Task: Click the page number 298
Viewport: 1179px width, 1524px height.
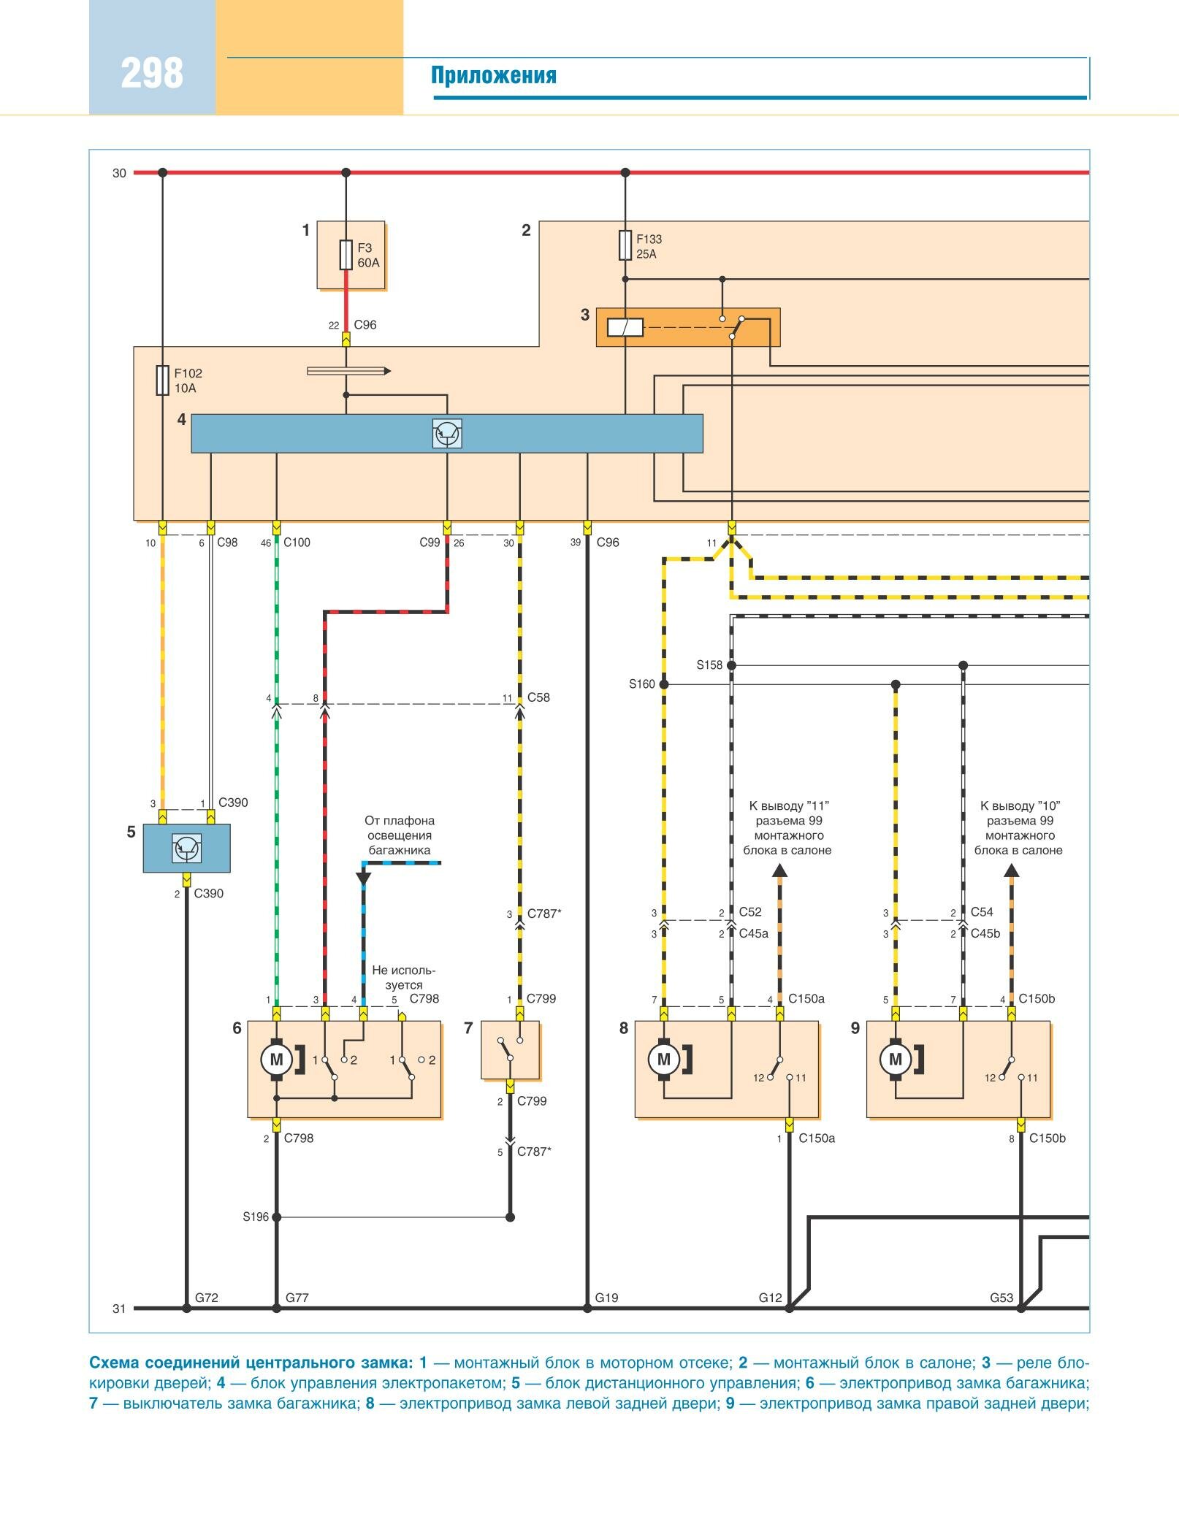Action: pyautogui.click(x=152, y=74)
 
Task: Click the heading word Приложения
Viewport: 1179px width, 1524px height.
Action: pyautogui.click(x=493, y=76)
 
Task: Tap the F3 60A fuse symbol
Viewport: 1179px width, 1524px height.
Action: pyautogui.click(x=346, y=255)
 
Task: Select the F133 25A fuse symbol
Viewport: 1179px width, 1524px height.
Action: pyautogui.click(x=625, y=245)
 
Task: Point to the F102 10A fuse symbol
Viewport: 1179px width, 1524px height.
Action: pyautogui.click(x=162, y=380)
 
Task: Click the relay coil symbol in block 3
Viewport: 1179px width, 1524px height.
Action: pyautogui.click(x=625, y=327)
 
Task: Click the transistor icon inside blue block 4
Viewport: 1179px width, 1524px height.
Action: pyautogui.click(x=446, y=434)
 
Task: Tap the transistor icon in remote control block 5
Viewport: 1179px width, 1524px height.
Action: pyautogui.click(x=186, y=849)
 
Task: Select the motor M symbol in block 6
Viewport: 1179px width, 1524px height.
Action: pyautogui.click(x=276, y=1060)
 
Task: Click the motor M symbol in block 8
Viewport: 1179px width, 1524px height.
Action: pyautogui.click(x=663, y=1060)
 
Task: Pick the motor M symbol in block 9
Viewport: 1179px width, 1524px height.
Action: pyautogui.click(x=896, y=1060)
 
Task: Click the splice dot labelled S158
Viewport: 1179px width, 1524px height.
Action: pyautogui.click(x=731, y=665)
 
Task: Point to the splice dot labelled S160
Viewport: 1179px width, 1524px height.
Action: pyautogui.click(x=663, y=684)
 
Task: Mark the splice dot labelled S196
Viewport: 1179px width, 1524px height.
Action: pyautogui.click(x=276, y=1217)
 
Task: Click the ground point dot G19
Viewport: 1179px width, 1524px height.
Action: pyautogui.click(x=587, y=1309)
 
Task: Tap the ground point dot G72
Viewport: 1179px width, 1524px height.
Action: pyautogui.click(x=186, y=1309)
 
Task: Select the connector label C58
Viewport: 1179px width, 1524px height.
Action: pyautogui.click(x=538, y=697)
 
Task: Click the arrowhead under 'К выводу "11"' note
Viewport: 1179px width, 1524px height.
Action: pyautogui.click(x=779, y=870)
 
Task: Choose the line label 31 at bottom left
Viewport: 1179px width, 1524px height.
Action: pyautogui.click(x=119, y=1309)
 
